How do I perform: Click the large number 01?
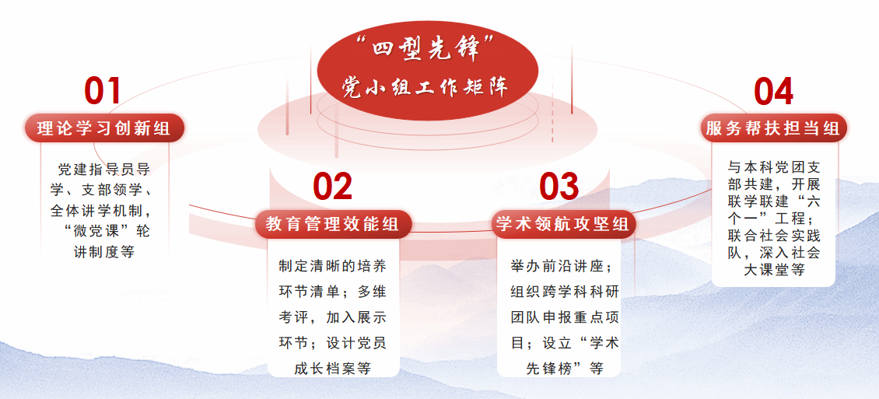click(103, 91)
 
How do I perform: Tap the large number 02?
click(332, 187)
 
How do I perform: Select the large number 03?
click(559, 187)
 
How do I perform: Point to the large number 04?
click(774, 91)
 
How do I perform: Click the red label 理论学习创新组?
click(104, 128)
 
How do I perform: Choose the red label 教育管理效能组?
click(333, 224)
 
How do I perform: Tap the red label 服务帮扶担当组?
click(773, 128)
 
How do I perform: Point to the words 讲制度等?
click(104, 252)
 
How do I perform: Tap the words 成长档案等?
click(333, 369)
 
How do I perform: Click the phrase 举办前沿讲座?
click(557, 266)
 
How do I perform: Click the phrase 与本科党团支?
click(774, 167)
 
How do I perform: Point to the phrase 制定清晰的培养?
click(333, 266)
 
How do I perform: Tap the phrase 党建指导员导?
click(104, 169)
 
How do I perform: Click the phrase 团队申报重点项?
click(565, 318)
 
